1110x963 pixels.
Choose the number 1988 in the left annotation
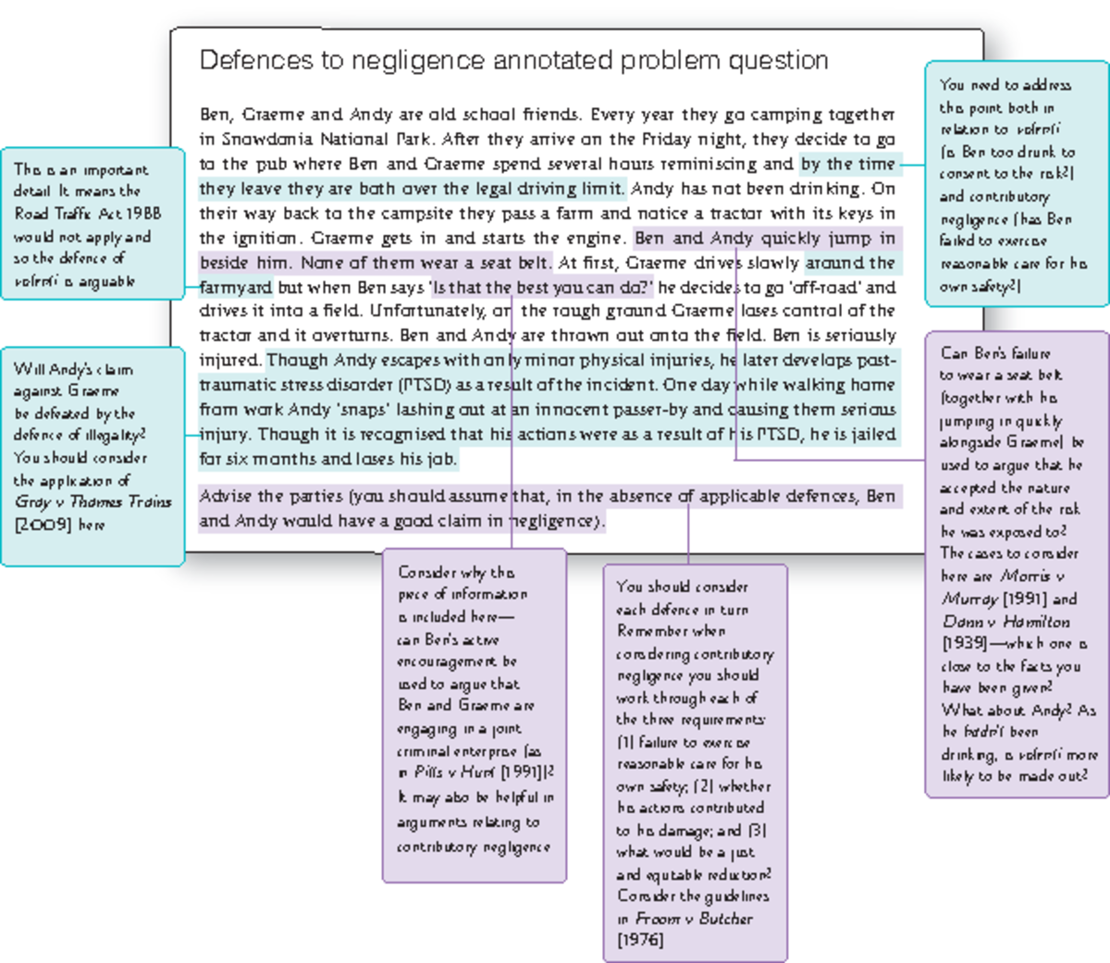coord(143,214)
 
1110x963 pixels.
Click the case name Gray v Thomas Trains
coord(92,502)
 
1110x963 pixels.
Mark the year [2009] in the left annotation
coord(43,525)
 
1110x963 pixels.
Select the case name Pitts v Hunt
coord(454,772)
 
